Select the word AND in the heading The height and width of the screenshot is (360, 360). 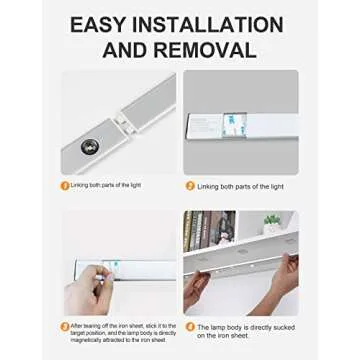coord(132,49)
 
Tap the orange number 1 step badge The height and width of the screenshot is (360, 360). coord(65,185)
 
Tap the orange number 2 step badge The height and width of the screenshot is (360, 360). coord(190,186)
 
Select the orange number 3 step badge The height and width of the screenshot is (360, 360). coord(65,326)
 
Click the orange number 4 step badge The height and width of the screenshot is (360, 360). coord(190,327)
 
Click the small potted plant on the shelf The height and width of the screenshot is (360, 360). coord(271,221)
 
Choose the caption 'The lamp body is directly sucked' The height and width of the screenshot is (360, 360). coord(241,327)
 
